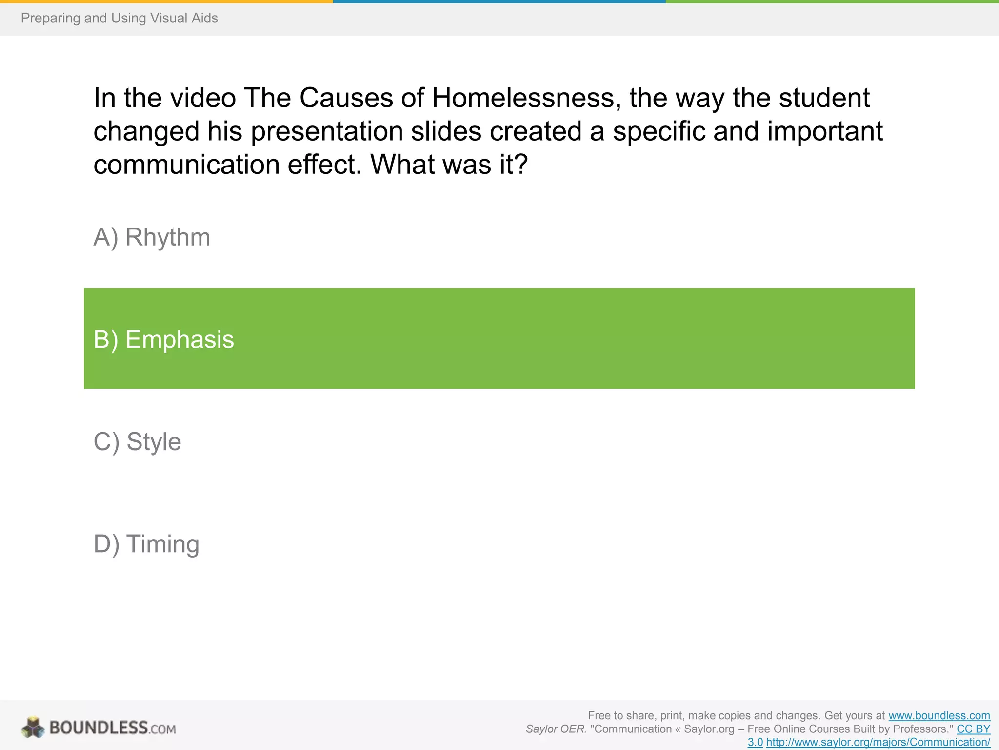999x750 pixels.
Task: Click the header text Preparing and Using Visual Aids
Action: click(119, 18)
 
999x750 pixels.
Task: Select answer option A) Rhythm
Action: click(152, 237)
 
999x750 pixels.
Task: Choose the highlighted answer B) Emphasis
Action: click(164, 339)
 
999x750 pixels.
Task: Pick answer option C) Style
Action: click(137, 442)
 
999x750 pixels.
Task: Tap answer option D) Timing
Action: click(146, 544)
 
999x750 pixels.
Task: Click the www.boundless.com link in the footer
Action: click(939, 716)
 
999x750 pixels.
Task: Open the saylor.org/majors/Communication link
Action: click(878, 742)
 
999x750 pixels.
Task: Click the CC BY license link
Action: click(973, 729)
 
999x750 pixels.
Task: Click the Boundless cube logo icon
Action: click(33, 728)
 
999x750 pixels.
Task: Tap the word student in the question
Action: click(824, 98)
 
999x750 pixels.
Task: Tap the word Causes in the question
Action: click(346, 98)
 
